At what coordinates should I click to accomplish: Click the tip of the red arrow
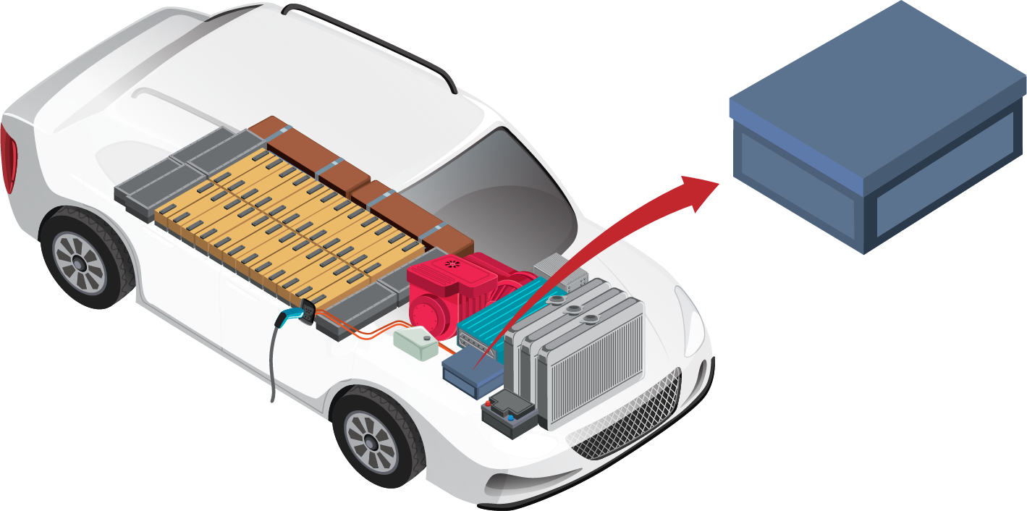tap(717, 183)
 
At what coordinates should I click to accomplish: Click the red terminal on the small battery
tap(490, 405)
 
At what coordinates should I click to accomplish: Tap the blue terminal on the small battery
tap(511, 417)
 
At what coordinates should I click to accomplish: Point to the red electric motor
tap(441, 293)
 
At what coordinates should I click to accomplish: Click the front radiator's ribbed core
tap(593, 376)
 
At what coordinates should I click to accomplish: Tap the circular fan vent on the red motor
tap(452, 266)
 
